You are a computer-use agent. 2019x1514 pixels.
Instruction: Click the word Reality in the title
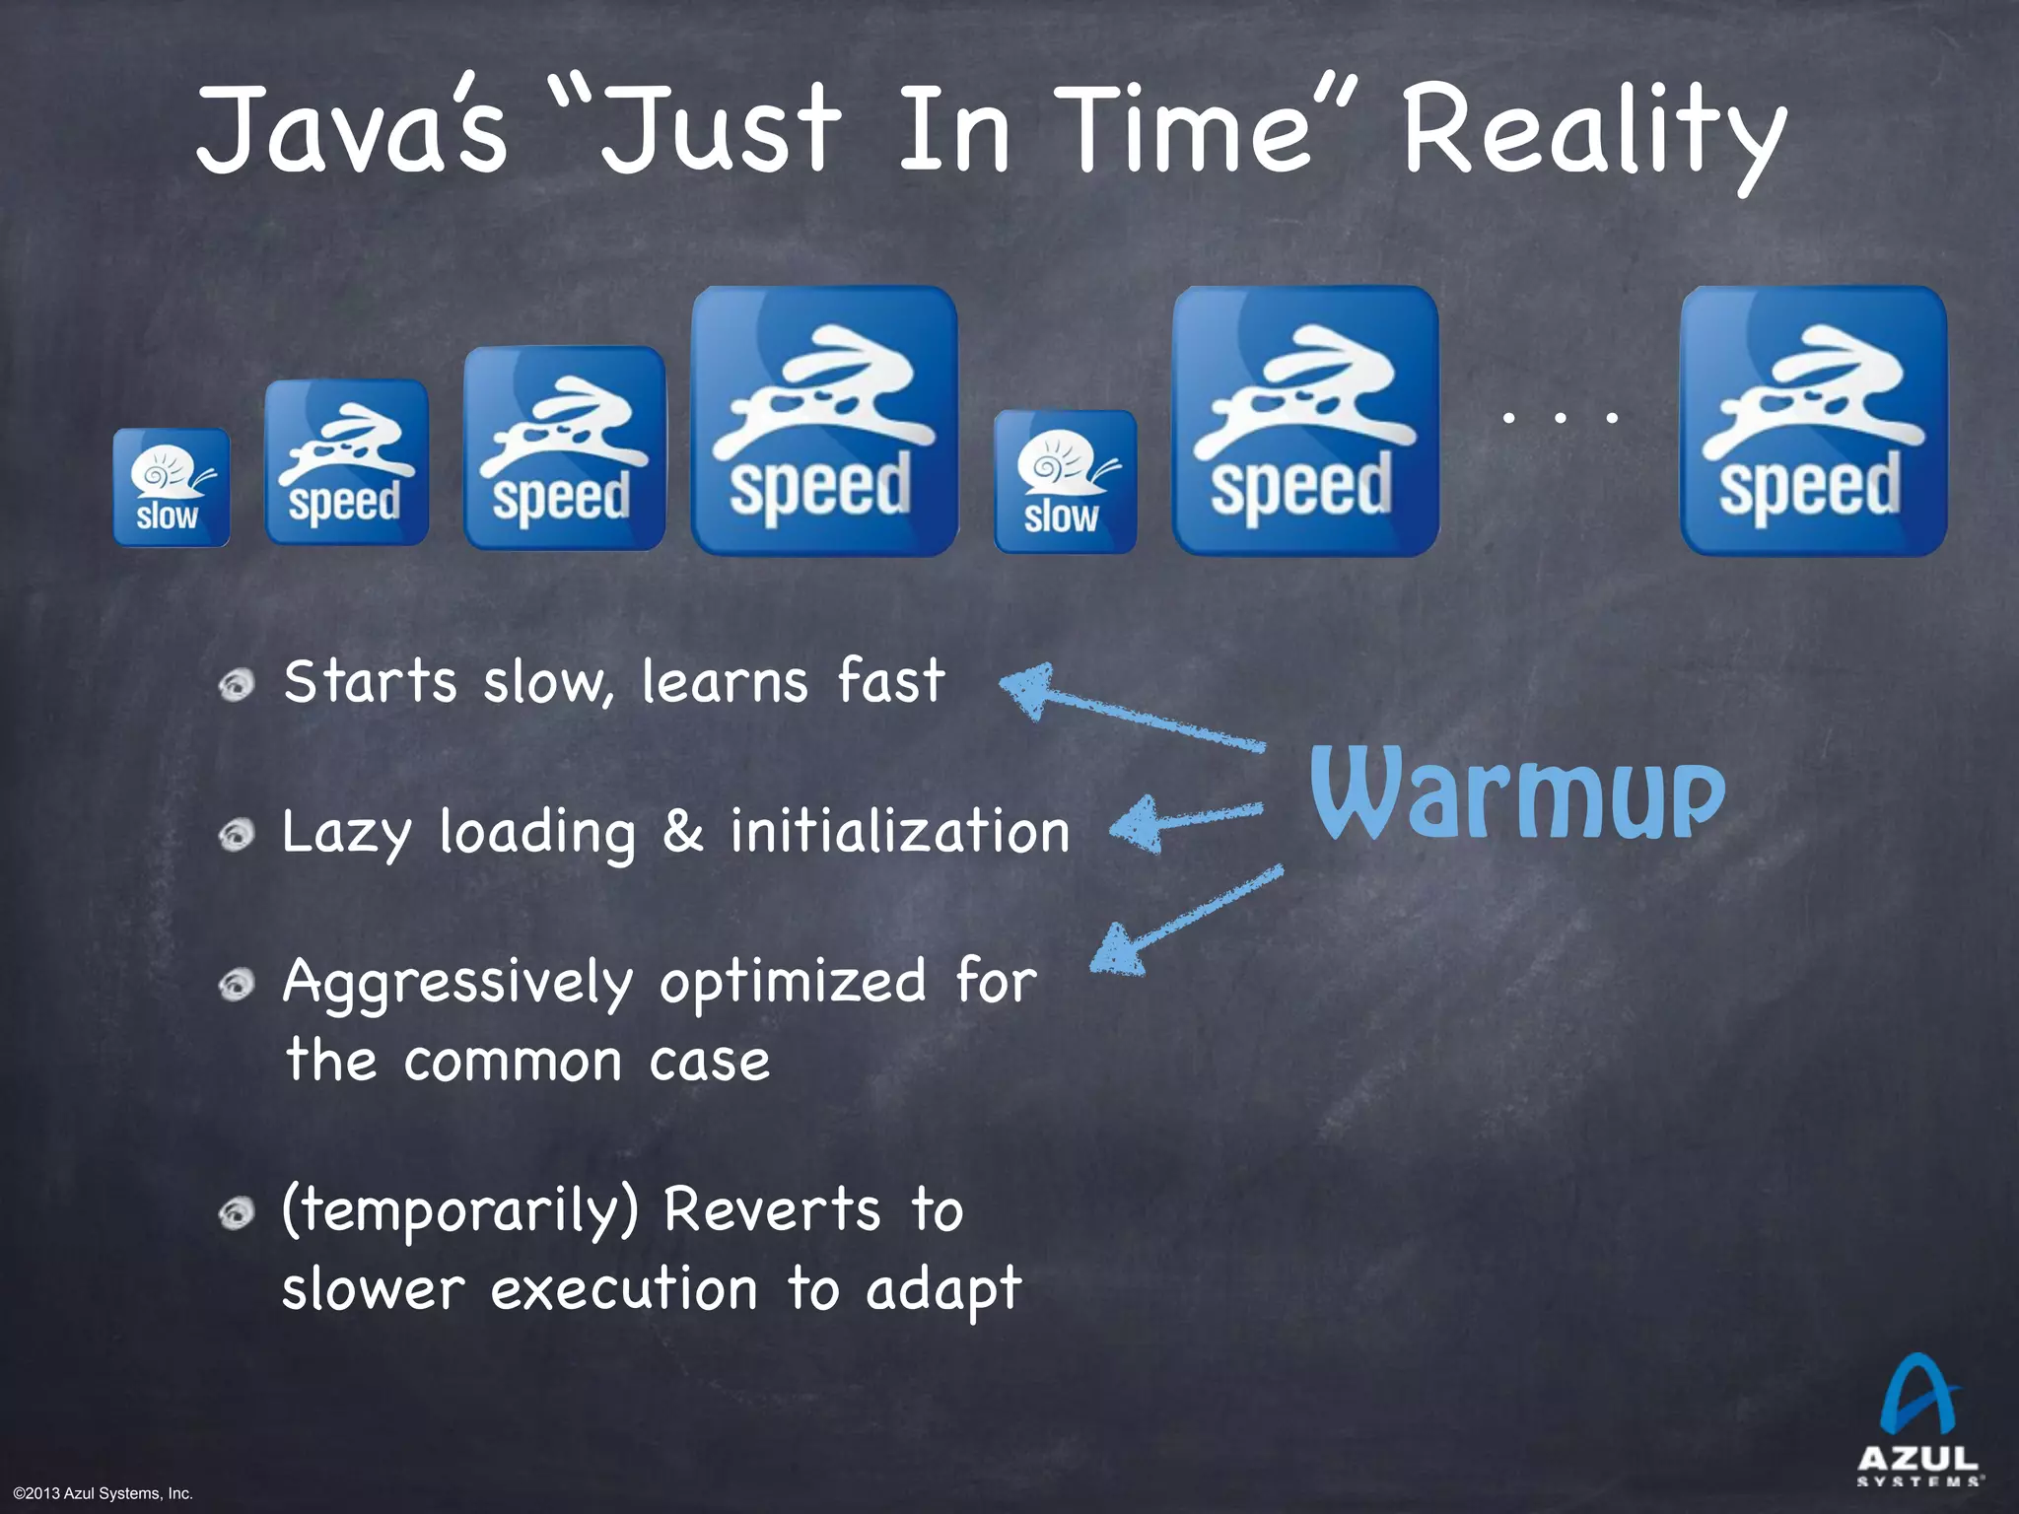(x=1592, y=133)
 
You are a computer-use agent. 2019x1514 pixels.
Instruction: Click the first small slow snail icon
(x=171, y=488)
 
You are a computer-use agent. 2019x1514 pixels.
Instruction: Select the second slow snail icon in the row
(x=1065, y=482)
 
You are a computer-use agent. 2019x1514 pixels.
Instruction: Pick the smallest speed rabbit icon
(x=346, y=462)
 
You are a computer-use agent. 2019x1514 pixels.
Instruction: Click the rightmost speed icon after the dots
(x=1812, y=421)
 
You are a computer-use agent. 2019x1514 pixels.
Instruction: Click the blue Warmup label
(x=1516, y=794)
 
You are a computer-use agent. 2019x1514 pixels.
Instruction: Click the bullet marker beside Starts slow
(x=237, y=683)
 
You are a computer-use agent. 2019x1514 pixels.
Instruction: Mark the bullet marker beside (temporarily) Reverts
(x=237, y=1212)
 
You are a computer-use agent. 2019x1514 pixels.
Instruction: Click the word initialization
(x=899, y=831)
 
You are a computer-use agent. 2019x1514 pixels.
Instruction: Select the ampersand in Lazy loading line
(x=682, y=831)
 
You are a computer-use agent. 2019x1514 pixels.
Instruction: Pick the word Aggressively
(x=457, y=984)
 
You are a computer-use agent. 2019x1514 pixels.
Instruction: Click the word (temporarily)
(x=460, y=1211)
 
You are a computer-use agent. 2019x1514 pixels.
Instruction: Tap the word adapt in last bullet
(x=942, y=1290)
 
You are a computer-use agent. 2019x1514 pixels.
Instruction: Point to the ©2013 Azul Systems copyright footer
(x=103, y=1493)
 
